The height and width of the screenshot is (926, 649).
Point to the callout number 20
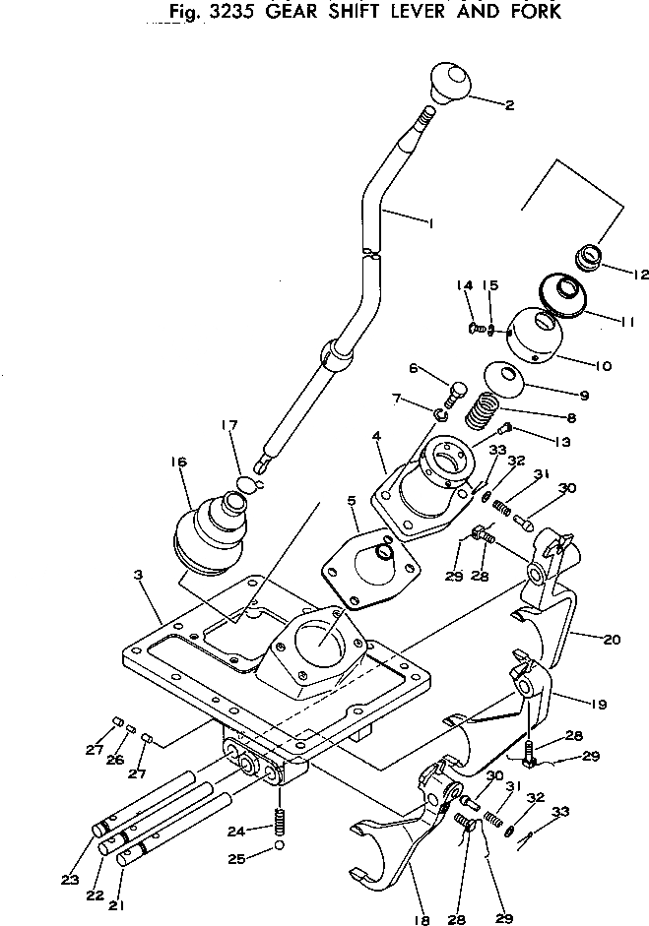pyautogui.click(x=611, y=640)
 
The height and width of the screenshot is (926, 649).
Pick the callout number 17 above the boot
pyautogui.click(x=229, y=426)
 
